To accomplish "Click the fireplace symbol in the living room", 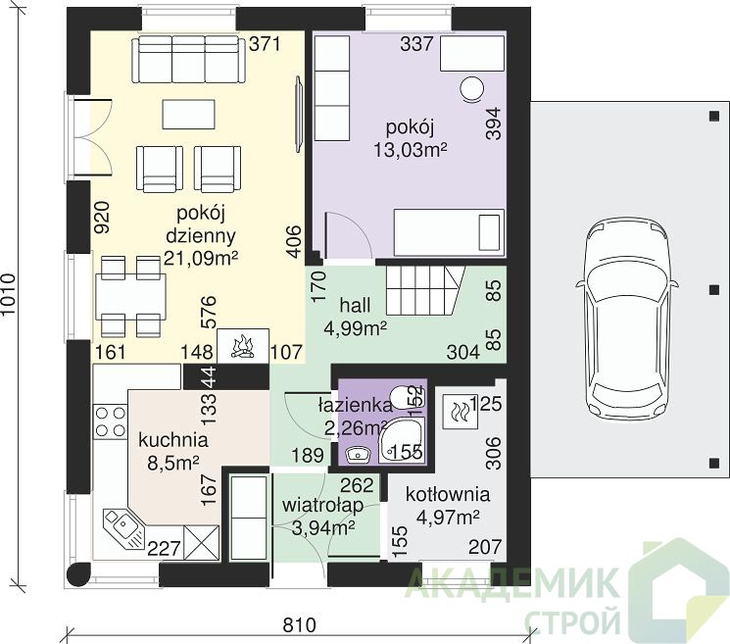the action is [x=243, y=345].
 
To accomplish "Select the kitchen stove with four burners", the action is [x=110, y=421].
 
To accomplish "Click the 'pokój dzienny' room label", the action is [x=201, y=224].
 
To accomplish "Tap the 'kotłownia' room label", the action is [x=448, y=494].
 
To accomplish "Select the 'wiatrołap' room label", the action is [x=322, y=505].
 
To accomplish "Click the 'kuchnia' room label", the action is [x=173, y=439].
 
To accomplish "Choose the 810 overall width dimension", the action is [x=300, y=625].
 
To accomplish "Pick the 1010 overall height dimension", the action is [x=9, y=296].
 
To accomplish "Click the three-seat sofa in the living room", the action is [x=188, y=60].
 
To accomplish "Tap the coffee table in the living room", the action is [x=188, y=114].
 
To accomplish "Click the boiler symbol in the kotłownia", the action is [x=460, y=412].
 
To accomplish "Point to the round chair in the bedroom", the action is [x=471, y=88].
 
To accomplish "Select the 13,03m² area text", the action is [x=411, y=150].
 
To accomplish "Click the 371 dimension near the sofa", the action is [x=265, y=44].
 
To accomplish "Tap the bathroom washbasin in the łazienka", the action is [x=357, y=453].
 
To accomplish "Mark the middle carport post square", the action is [x=714, y=289].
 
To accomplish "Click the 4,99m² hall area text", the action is [x=356, y=328].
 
